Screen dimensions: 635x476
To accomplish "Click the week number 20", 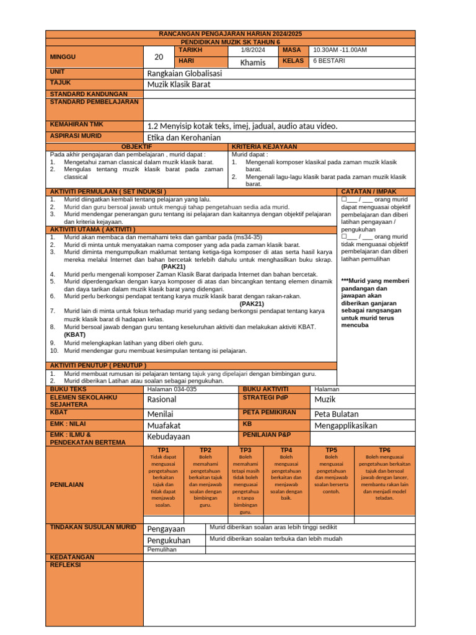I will pos(159,57).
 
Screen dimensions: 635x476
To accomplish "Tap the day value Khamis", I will pos(252,62).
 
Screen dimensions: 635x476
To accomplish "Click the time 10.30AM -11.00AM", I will pos(340,50).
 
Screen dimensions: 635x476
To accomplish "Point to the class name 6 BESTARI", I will pos(329,61).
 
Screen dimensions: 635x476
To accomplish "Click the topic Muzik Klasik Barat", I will pos(178,84).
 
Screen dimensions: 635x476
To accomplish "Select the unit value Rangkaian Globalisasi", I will pos(184,73).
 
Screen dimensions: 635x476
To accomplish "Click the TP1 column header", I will pos(164,450).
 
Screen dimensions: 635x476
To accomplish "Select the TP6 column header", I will pos(384,450).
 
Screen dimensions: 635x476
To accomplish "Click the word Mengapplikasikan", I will pos(353,426).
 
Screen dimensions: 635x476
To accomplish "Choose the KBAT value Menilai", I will pos(160,414).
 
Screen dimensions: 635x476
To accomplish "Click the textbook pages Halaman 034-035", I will pos(172,389).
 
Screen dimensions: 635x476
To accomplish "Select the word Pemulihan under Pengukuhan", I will pos(162,549).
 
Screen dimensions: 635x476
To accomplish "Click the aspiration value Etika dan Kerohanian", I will pos(183,136).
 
